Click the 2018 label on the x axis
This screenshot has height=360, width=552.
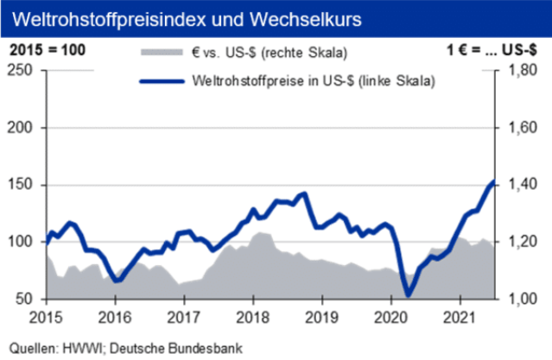(x=252, y=317)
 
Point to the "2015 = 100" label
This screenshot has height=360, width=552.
(x=47, y=50)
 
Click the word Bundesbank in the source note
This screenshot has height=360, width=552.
(x=205, y=349)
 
